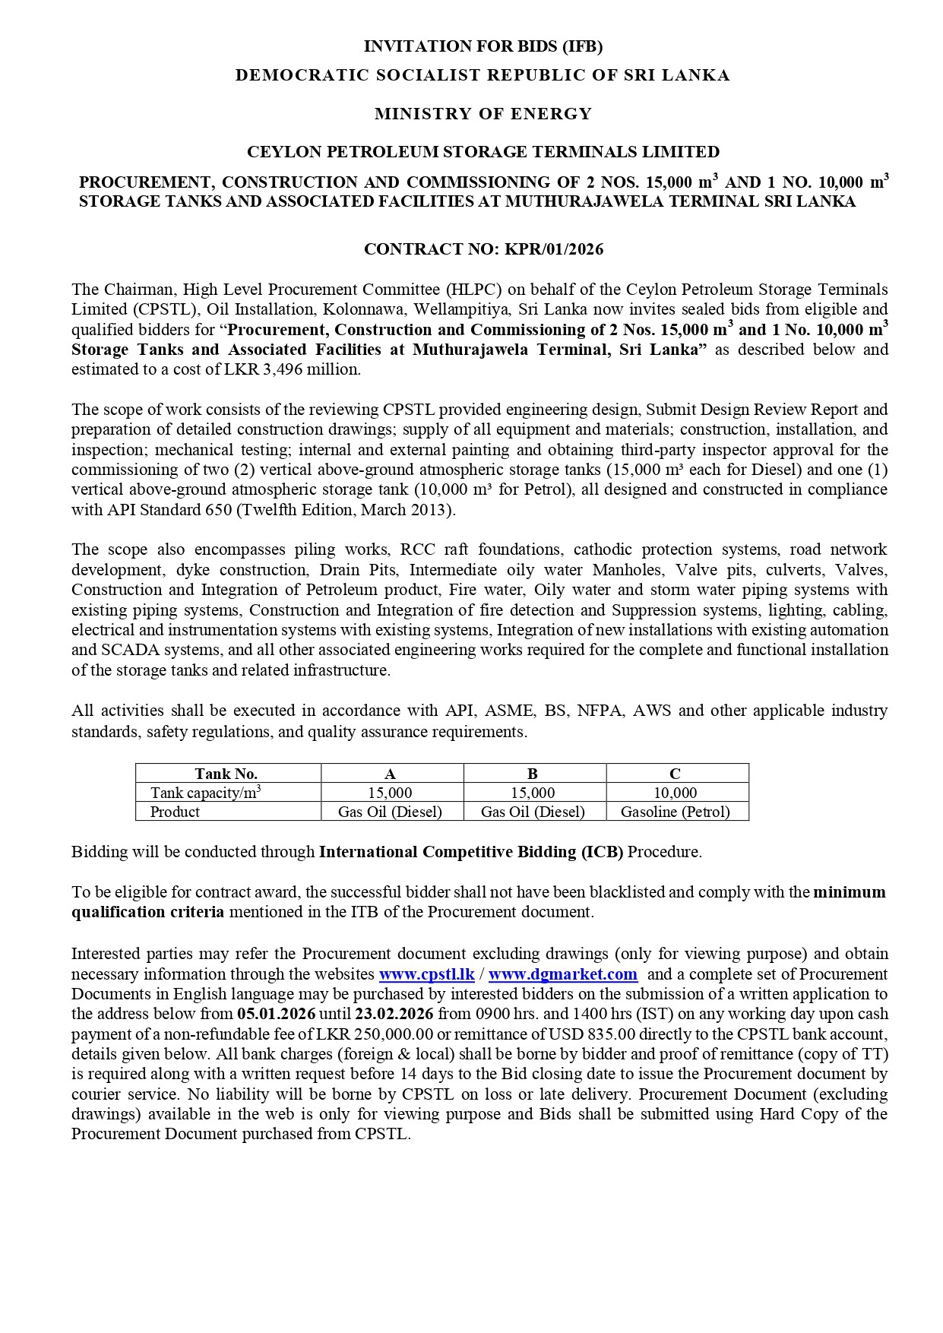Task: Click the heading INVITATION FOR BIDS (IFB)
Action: point(483,46)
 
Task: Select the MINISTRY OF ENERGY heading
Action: point(483,114)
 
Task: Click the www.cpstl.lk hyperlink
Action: point(427,974)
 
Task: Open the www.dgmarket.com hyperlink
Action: point(562,974)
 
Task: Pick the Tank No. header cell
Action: point(226,774)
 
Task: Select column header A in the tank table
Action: point(391,774)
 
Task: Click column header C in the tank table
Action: point(675,774)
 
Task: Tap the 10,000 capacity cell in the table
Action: point(675,793)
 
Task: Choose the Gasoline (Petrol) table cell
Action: point(675,812)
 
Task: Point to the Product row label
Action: point(175,812)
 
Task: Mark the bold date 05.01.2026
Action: point(276,1014)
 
